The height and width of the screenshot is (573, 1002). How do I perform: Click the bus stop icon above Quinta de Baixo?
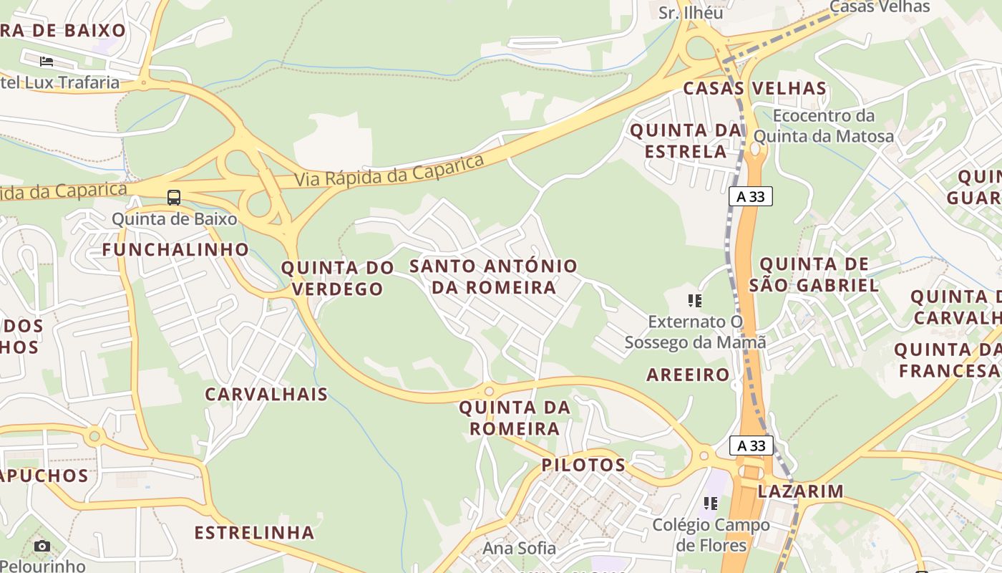tap(174, 197)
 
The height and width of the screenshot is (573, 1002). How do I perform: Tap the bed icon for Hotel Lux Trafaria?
tap(47, 61)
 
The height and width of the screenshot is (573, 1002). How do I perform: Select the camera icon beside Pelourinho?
tap(42, 546)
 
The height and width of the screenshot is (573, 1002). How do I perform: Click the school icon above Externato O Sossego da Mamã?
tap(694, 301)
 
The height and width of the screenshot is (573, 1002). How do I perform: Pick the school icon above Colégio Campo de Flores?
tap(710, 504)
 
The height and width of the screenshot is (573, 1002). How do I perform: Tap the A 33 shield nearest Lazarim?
tap(751, 446)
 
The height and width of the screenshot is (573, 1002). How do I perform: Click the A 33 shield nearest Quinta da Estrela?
tap(751, 196)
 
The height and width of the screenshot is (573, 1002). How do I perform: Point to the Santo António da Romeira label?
tap(493, 276)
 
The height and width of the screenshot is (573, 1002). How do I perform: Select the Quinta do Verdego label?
tap(337, 278)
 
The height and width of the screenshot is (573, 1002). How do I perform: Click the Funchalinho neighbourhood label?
tap(175, 250)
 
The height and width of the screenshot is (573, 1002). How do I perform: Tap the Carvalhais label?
tap(266, 394)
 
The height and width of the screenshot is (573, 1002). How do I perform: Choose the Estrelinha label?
tap(255, 533)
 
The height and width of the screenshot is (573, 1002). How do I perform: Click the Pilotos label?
tap(583, 465)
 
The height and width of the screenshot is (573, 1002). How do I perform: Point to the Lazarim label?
tap(800, 491)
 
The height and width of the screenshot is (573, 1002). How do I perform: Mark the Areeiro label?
tap(688, 375)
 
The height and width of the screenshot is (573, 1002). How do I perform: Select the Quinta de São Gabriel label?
tap(814, 275)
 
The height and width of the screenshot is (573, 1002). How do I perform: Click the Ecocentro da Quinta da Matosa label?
tap(824, 126)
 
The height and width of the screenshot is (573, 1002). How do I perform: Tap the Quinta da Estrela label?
tap(686, 141)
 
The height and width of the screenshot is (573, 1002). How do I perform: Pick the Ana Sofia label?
tap(519, 549)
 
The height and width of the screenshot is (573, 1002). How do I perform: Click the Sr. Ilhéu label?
tap(691, 13)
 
